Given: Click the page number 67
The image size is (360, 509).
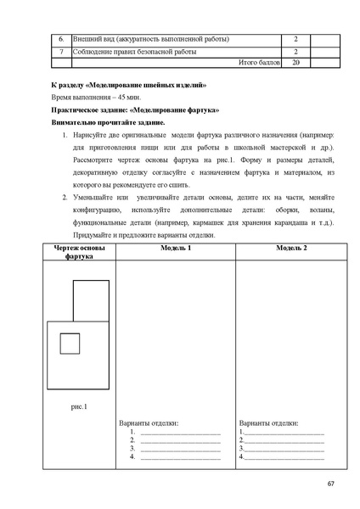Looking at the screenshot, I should [x=330, y=484].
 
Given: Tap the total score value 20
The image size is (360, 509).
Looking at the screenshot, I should [x=295, y=63].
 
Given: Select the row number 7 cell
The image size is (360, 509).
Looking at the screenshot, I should [x=60, y=52].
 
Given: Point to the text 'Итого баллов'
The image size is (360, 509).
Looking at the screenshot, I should [x=259, y=63].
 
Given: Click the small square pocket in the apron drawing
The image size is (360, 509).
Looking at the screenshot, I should [x=70, y=344].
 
